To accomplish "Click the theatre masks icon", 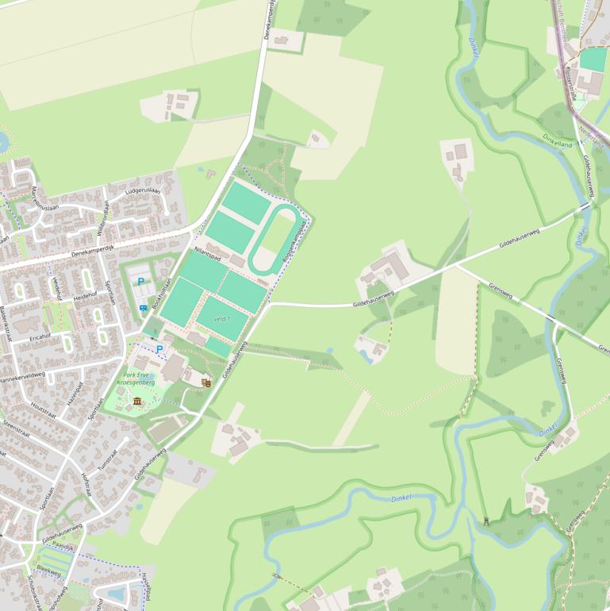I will point(206,382).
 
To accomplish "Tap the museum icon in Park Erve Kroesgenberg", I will point(138,402).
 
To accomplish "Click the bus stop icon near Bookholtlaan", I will point(143,308).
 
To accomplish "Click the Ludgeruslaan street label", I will point(143,192).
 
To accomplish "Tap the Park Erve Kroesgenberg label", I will point(134,379).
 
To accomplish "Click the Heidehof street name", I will point(85,295).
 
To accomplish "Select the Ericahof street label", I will point(40,336).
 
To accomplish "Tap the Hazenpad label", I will point(75,392).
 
